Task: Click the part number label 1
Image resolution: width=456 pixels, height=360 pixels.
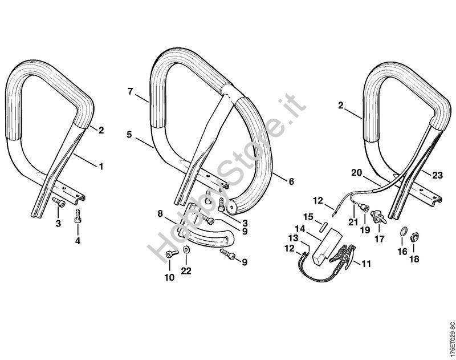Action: coord(101,167)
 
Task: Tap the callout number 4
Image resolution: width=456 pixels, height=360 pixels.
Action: coord(78,240)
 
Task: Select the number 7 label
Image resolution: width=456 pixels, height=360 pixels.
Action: coord(130,91)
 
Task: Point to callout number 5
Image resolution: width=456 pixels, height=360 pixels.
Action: coord(130,135)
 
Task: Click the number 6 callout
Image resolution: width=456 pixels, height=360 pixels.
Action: coord(291,181)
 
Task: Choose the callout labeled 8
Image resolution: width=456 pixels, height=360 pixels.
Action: coord(160,215)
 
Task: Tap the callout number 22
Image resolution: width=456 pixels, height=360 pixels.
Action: coord(186,270)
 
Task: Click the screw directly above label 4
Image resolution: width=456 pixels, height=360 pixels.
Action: coord(78,217)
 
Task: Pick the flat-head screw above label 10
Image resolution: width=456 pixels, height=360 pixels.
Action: coord(170,254)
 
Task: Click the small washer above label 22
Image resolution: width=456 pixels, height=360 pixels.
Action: coord(186,253)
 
